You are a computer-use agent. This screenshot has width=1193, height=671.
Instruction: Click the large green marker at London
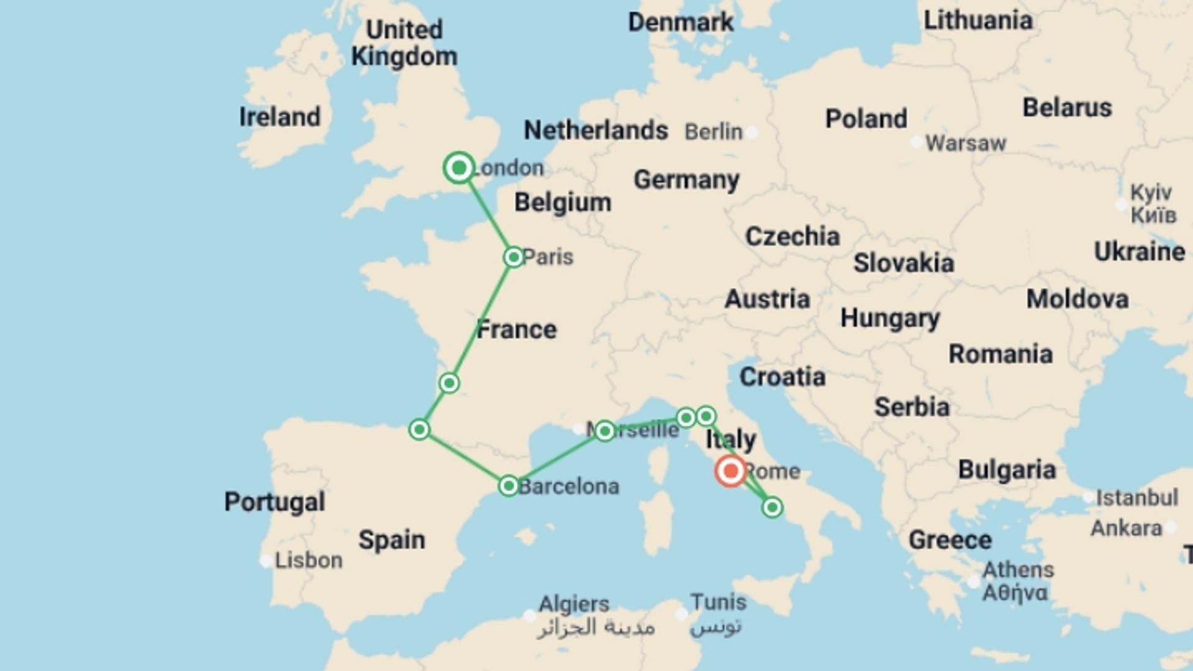(x=459, y=168)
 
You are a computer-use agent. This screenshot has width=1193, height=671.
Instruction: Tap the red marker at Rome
(x=731, y=471)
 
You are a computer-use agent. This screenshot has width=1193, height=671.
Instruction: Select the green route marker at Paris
(x=514, y=257)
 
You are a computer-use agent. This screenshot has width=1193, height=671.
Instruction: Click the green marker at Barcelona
(x=509, y=485)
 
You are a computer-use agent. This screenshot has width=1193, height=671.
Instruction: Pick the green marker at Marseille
(x=605, y=431)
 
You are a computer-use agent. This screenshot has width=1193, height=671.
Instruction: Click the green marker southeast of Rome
(x=772, y=508)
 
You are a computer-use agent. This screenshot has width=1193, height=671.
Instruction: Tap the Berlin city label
(x=713, y=132)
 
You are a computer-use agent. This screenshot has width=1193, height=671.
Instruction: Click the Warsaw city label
(x=966, y=144)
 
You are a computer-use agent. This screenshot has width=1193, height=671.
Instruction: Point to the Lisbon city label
(x=309, y=560)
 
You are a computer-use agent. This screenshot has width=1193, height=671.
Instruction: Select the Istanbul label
(x=1136, y=498)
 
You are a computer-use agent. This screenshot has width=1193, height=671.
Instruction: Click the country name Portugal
(x=274, y=502)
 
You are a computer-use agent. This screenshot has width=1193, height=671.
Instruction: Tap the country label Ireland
(x=280, y=117)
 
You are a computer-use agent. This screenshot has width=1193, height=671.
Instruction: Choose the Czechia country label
(x=792, y=237)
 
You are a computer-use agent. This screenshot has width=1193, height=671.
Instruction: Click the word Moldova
(x=1077, y=299)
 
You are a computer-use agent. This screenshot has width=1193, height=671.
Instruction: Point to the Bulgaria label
(x=1007, y=470)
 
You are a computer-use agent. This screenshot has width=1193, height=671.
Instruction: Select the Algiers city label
(x=574, y=604)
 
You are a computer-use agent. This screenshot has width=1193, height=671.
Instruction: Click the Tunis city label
(x=718, y=602)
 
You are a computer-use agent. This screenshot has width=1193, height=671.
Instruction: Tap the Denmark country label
(x=680, y=22)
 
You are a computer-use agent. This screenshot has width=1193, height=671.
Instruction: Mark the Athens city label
(x=1018, y=570)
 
